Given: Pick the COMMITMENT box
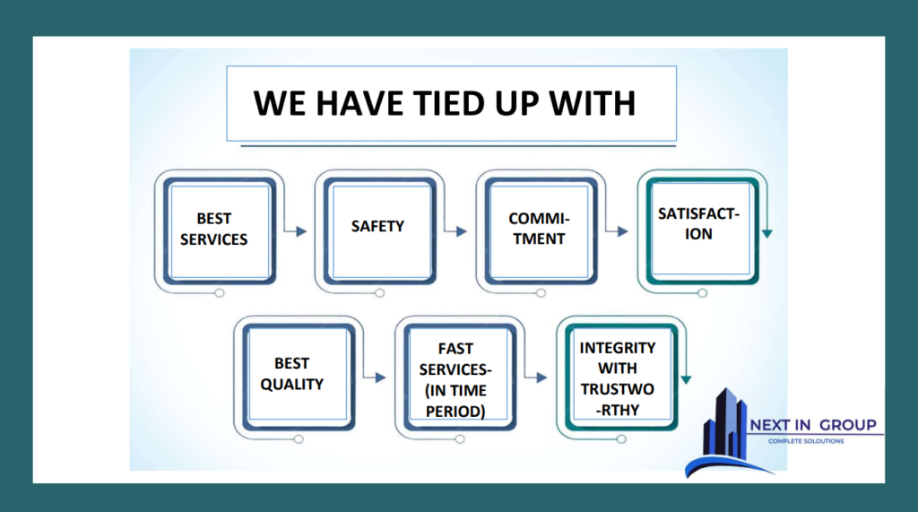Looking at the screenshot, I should point(538,229).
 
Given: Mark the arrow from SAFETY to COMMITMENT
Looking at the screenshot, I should point(458,231).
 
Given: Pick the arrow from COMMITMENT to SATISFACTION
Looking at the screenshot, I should point(619,231).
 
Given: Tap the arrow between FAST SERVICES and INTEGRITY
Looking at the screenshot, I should point(539,377).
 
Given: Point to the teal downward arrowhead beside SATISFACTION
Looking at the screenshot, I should point(767,233).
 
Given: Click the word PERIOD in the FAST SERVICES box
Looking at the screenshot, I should point(456,412).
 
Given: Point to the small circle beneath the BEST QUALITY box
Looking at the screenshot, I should point(298,439).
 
